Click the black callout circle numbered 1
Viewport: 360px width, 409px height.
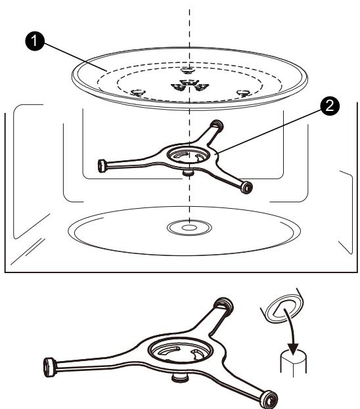[34, 41]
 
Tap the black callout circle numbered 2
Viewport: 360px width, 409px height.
[330, 106]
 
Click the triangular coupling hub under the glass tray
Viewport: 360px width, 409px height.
[190, 85]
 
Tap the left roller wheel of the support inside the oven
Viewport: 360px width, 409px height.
[101, 166]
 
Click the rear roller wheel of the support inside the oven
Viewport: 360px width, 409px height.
[217, 124]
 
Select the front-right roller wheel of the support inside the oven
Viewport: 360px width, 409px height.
[246, 187]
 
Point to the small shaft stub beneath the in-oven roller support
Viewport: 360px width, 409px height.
[187, 172]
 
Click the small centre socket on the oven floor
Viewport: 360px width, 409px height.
[189, 227]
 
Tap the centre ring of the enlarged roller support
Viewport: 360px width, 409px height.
[181, 351]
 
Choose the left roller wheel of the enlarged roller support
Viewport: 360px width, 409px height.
[50, 367]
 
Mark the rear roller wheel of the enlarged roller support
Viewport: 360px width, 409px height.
[223, 305]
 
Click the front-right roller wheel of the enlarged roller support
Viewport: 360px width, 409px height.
[269, 399]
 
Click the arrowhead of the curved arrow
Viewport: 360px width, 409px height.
[293, 349]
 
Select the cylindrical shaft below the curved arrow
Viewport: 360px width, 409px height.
[294, 362]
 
